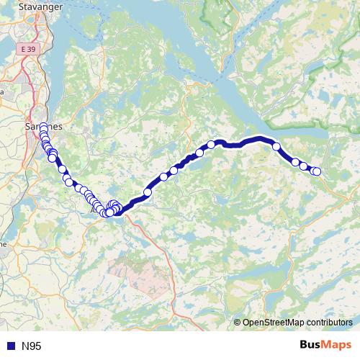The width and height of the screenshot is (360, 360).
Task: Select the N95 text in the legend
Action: pyautogui.click(x=31, y=346)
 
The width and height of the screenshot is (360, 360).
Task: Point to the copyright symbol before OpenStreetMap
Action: pyautogui.click(x=238, y=323)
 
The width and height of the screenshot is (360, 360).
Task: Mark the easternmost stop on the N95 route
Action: pyautogui.click(x=317, y=171)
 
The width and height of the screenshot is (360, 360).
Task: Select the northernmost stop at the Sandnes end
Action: pyautogui.click(x=43, y=127)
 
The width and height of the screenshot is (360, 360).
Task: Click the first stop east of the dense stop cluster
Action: pyautogui.click(x=148, y=192)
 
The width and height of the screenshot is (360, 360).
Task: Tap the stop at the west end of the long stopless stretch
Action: pyautogui.click(x=212, y=144)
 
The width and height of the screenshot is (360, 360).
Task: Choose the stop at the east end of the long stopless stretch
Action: pyautogui.click(x=276, y=146)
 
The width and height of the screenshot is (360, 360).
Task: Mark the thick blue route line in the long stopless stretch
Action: pyautogui.click(x=245, y=141)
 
